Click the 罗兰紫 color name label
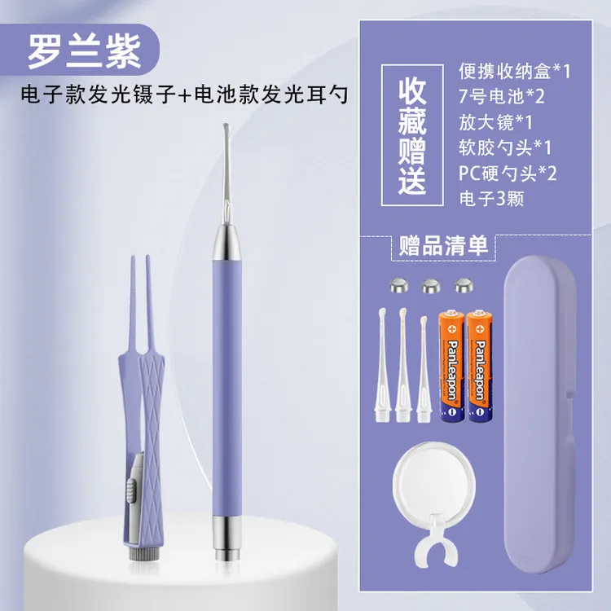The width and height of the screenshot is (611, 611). pos(85,52)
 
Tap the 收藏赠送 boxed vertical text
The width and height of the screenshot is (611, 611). pos(412,135)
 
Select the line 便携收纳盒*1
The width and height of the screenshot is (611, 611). pos(514,71)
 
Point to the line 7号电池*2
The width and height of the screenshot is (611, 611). pos(502,96)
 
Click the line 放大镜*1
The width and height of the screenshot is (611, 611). pos(495,122)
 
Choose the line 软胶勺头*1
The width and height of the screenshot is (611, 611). pos(505,147)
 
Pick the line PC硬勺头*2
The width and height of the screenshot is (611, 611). pos(508,173)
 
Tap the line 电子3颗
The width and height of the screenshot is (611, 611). pos(491,198)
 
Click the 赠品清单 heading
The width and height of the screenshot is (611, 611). pos(443,246)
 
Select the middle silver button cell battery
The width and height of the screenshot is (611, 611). pos(432,287)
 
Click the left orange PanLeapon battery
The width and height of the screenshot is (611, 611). pos(451,366)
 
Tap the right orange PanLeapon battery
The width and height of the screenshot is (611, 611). pos(480,366)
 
